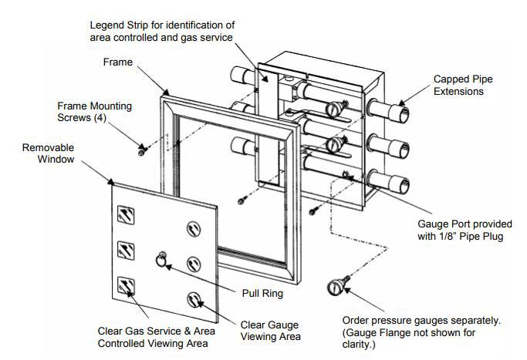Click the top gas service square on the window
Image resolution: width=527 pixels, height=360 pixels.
(125, 216)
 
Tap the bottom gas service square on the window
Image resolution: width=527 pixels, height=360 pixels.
(125, 288)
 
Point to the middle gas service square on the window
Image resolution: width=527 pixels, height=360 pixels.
(125, 251)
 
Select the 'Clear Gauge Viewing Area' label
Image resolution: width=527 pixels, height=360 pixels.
(269, 330)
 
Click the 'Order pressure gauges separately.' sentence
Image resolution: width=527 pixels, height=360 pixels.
(421, 319)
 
